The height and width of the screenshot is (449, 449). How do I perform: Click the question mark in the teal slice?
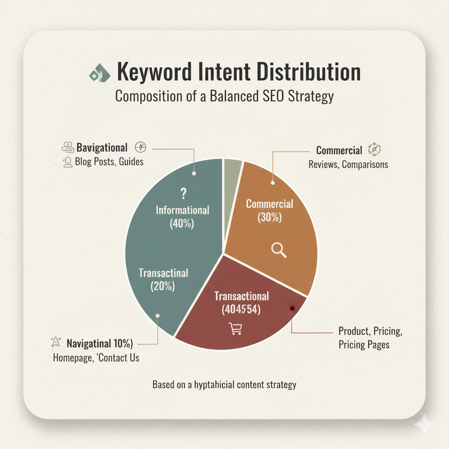point(184,194)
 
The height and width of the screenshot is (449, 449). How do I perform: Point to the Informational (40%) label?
point(182,217)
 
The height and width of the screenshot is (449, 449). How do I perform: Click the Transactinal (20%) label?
point(163,280)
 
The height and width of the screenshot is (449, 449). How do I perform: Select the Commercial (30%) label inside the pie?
point(269,210)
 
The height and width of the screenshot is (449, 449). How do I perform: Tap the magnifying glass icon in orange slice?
point(278,250)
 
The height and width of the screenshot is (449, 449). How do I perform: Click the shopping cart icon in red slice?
point(235,328)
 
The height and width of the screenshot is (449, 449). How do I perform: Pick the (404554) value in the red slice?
point(241,310)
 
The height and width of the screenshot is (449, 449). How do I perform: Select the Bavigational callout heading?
point(102,148)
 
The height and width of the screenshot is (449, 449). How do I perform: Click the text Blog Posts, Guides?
point(110,162)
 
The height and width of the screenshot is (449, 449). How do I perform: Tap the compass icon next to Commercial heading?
point(374,150)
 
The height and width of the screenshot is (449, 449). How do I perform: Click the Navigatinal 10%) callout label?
point(100,342)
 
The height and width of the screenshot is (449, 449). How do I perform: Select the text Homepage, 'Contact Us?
point(96,357)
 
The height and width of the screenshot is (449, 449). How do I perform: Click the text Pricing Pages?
point(364,344)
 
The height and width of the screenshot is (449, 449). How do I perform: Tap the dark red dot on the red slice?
point(292,308)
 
